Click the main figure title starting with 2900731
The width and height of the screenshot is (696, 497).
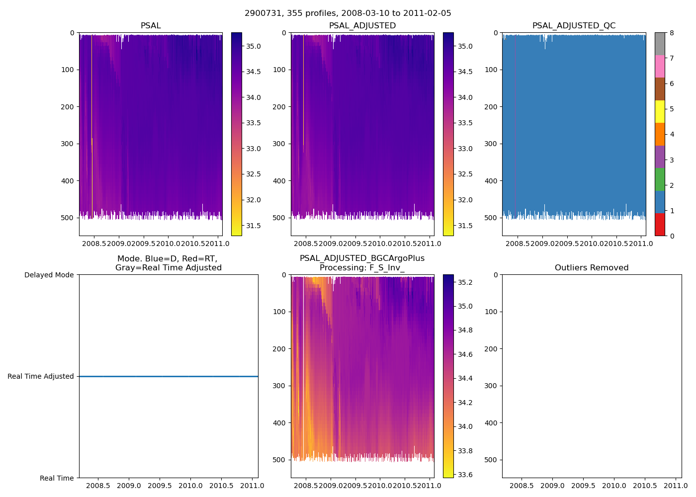348,13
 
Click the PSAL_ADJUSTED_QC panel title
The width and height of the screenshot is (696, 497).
574,26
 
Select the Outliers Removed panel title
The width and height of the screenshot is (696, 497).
592,268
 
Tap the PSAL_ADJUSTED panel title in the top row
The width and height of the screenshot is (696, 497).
362,26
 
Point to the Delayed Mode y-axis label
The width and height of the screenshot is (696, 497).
49,275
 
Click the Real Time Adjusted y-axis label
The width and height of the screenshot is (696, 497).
41,376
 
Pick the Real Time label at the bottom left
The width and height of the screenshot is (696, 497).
57,478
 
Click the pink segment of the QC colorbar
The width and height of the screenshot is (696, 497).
660,66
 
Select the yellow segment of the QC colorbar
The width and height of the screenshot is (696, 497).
660,111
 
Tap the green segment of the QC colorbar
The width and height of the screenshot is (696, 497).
660,179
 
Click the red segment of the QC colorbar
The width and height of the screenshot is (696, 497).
660,225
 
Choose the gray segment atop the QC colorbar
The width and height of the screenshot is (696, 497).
660,44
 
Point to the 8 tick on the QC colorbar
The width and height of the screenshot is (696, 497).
672,33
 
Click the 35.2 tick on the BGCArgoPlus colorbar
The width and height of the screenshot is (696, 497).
465,282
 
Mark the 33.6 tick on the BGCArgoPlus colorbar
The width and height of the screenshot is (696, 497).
465,475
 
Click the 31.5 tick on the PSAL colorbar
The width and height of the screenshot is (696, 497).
254,226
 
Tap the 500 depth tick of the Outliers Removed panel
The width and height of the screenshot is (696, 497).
491,460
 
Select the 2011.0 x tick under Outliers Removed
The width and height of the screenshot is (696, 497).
676,486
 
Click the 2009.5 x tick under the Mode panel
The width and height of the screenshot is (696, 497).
160,486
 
